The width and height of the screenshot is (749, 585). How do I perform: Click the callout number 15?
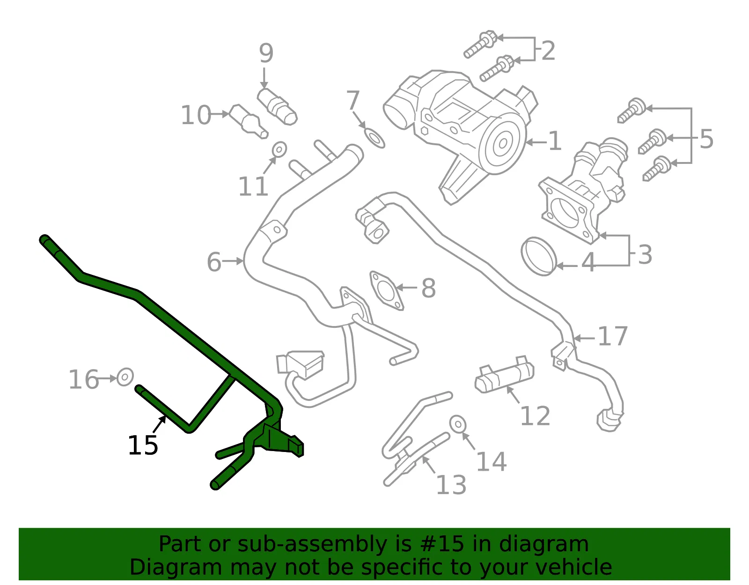coord(143,445)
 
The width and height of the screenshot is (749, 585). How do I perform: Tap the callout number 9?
coord(266,53)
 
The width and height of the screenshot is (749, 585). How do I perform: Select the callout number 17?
coord(612,336)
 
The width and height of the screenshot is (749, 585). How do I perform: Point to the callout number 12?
coord(535,416)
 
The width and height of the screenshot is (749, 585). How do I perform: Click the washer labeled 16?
coord(125,377)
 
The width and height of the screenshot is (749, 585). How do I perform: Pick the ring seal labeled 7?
coord(374,138)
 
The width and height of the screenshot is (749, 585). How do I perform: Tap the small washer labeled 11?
coord(279,149)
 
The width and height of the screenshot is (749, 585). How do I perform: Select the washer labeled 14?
coord(458,424)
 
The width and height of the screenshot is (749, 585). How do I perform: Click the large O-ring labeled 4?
coord(539,257)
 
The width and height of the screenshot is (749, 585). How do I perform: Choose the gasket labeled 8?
coord(386,290)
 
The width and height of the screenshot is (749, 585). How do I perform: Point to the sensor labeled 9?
coord(277,107)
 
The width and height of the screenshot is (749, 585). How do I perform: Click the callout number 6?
coord(214,262)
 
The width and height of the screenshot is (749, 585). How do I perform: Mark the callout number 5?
coord(706,139)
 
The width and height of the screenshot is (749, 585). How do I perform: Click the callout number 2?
coord(548,51)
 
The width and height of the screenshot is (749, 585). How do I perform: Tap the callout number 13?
coord(451,485)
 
